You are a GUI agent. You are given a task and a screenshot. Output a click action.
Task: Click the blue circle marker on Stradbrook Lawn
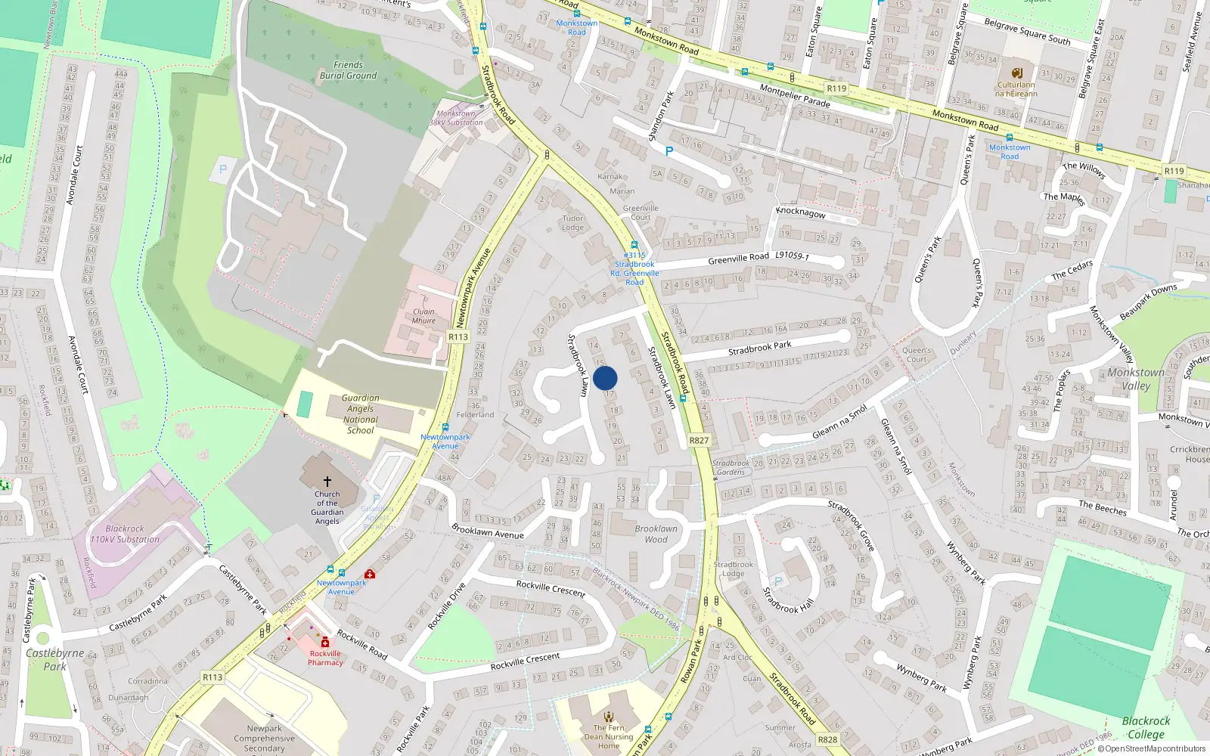(605, 378)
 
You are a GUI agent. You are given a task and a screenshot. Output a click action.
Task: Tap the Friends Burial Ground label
(348, 70)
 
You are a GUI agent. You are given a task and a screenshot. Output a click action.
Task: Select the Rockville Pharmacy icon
(325, 642)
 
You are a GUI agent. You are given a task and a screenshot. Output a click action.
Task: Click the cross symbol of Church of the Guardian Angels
(327, 481)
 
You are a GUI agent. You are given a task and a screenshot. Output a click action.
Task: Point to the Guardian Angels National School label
(361, 414)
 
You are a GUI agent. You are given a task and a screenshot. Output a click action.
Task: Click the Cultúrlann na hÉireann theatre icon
(1016, 73)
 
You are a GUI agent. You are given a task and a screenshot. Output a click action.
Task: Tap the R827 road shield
(700, 440)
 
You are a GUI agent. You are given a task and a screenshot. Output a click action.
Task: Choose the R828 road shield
(828, 739)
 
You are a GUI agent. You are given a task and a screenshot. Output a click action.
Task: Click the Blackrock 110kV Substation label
(125, 534)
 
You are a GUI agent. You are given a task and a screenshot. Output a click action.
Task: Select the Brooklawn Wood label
(656, 534)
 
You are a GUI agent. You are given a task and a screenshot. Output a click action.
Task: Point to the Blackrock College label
(1146, 727)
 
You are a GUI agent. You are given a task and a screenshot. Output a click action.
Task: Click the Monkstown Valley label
(1136, 379)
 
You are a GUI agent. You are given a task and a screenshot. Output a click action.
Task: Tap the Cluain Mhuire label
(423, 316)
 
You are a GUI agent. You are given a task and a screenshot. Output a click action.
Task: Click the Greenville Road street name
(738, 259)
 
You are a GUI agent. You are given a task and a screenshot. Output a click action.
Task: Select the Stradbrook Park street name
(759, 349)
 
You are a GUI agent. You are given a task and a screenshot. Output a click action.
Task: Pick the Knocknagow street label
(801, 212)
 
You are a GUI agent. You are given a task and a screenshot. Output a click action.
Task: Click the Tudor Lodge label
(572, 223)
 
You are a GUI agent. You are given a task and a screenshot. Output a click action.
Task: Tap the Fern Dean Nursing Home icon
(609, 716)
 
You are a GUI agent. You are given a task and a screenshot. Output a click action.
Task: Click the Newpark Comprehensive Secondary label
(264, 739)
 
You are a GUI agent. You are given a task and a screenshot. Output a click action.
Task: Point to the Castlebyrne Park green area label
(54, 659)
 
